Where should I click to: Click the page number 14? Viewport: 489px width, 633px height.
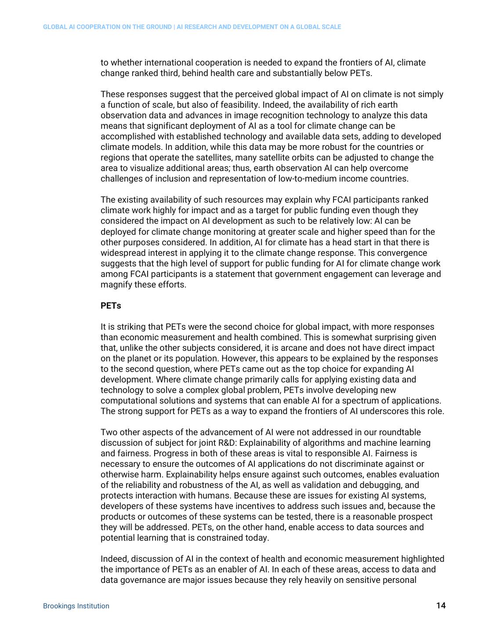tap(441, 606)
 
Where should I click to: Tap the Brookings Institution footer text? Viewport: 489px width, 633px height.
tap(76, 606)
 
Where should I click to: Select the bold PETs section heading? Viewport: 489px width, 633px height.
tap(111, 306)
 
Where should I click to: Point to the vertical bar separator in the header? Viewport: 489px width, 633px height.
tap(174, 27)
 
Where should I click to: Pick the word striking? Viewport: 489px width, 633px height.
tap(135, 327)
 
